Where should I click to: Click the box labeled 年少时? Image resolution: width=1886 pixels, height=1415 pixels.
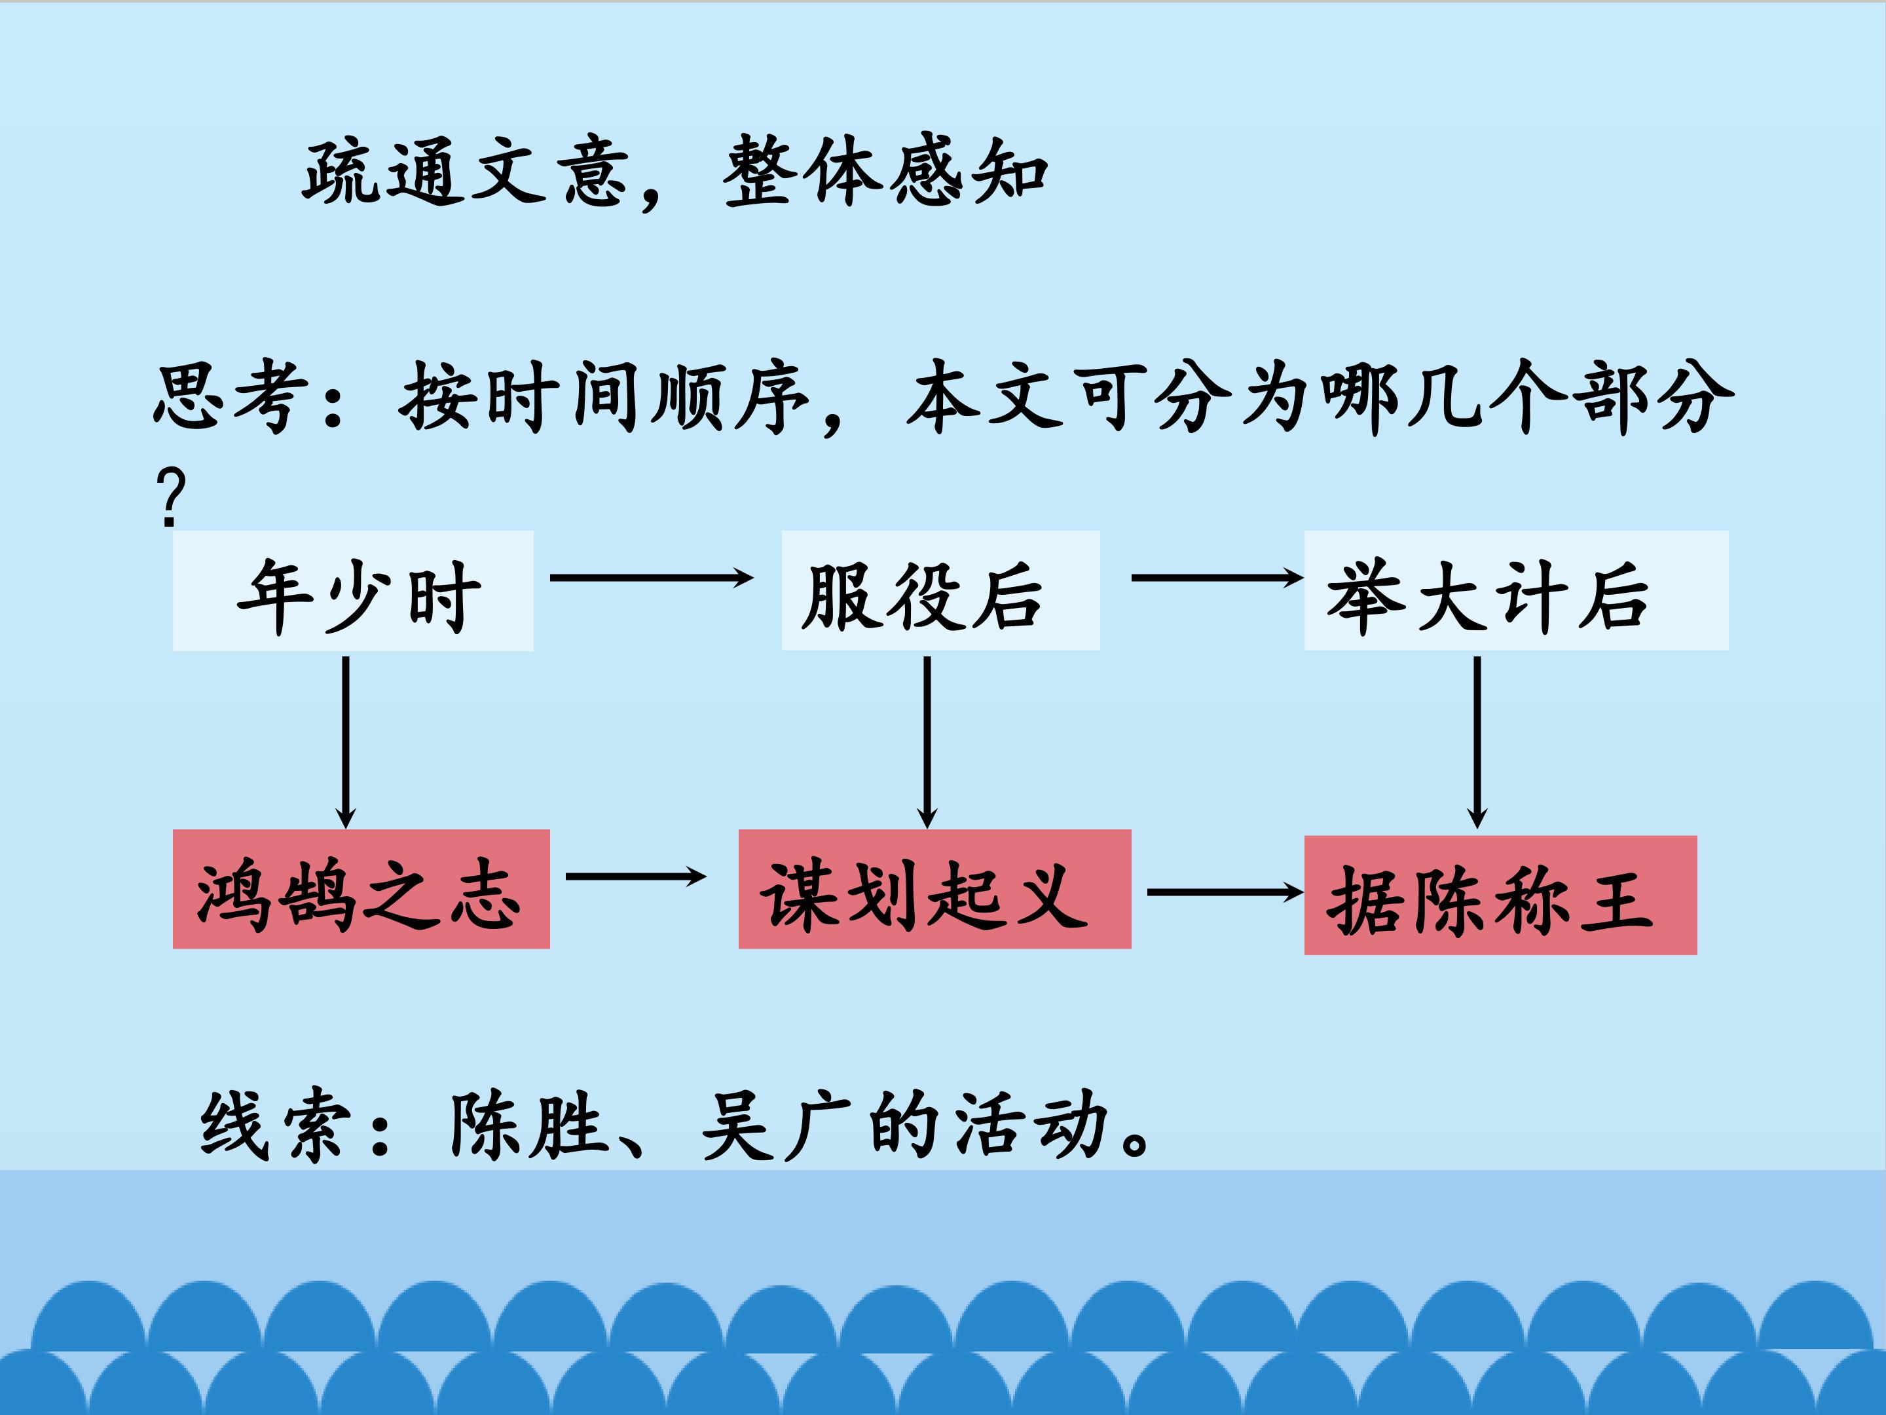click(x=353, y=591)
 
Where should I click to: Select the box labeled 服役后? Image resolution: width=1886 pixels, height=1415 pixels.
click(x=940, y=591)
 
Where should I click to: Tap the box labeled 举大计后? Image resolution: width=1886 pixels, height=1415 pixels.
click(x=1515, y=591)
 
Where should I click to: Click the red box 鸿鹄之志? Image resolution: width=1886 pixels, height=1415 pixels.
click(x=361, y=889)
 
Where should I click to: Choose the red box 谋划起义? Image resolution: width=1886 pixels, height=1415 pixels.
click(x=934, y=889)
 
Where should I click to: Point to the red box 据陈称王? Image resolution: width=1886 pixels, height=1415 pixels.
click(x=1500, y=895)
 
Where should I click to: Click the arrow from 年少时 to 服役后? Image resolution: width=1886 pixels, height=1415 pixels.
click(x=650, y=578)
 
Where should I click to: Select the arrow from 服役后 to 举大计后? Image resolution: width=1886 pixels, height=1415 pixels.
click(x=1216, y=578)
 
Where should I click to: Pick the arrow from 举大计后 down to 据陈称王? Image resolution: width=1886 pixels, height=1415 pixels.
click(x=1477, y=742)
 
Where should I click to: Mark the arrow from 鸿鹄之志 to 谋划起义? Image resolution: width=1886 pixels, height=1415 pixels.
click(x=635, y=876)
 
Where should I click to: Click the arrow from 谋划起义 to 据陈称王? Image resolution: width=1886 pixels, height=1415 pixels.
click(x=1225, y=892)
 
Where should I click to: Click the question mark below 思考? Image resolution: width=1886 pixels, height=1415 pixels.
click(x=170, y=497)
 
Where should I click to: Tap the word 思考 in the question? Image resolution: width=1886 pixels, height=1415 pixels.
click(x=231, y=396)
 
